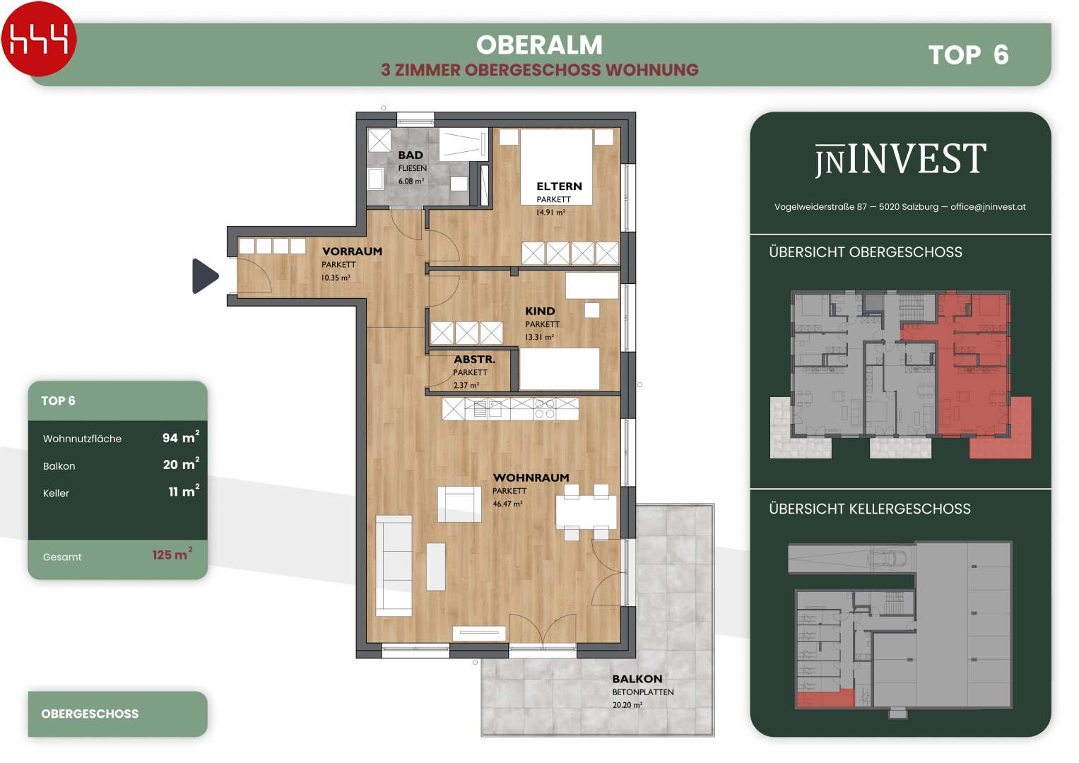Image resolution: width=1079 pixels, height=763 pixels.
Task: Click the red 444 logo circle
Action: (x=39, y=39)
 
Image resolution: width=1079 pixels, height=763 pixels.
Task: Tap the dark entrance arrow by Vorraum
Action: (x=205, y=276)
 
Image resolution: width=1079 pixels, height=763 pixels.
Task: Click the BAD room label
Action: (x=411, y=155)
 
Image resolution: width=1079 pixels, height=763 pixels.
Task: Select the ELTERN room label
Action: (x=559, y=187)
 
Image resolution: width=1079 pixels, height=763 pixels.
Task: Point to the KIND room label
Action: (x=540, y=311)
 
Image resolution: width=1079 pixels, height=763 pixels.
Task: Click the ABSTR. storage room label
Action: (x=474, y=360)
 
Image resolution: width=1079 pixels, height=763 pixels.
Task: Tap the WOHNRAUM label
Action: (x=531, y=478)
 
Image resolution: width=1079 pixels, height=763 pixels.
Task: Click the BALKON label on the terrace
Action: (x=637, y=679)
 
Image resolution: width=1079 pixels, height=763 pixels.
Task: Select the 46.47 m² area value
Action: (x=507, y=504)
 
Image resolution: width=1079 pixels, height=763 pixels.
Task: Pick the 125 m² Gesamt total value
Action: (x=172, y=554)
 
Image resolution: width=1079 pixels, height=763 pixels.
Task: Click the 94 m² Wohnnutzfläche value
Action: (x=181, y=437)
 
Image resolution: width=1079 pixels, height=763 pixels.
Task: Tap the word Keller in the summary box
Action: (x=56, y=493)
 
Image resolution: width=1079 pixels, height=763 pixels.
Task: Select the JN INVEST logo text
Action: (x=900, y=159)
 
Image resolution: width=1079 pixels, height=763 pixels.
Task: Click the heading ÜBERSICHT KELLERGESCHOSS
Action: (x=870, y=509)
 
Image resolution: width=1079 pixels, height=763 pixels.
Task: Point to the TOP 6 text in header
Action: (x=968, y=55)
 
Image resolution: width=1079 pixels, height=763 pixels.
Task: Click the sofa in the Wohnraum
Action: (x=394, y=566)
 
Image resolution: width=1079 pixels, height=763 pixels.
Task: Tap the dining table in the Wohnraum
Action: (x=586, y=512)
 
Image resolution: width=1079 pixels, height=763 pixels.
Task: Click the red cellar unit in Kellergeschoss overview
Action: (x=825, y=698)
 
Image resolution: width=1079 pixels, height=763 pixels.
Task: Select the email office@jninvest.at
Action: (x=988, y=206)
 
